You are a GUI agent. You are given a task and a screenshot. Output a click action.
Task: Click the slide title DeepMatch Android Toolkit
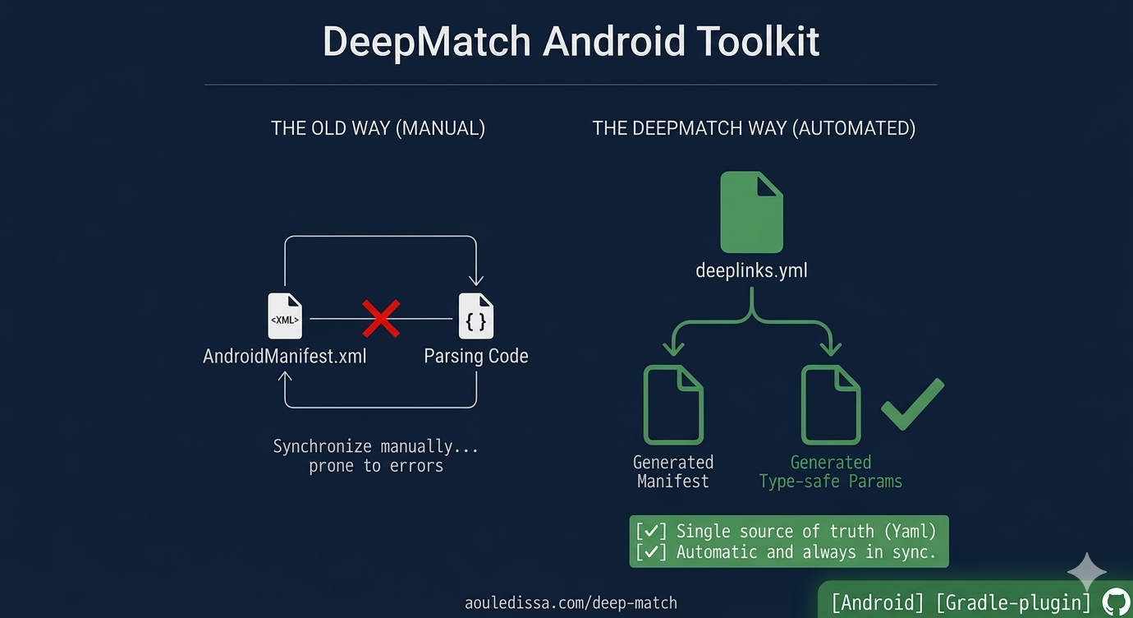571,41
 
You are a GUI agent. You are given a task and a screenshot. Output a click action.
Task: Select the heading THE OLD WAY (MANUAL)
378,128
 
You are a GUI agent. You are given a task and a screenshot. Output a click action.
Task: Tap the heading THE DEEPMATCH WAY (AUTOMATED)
754,128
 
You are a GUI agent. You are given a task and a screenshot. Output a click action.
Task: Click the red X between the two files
381,318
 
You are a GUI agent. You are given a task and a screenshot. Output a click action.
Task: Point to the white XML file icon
285,316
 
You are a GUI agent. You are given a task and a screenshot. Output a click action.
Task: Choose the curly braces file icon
475,316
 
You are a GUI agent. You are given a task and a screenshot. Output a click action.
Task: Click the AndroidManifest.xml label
285,356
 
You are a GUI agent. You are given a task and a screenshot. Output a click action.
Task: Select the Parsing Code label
476,356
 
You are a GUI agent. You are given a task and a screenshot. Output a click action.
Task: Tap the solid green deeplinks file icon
751,212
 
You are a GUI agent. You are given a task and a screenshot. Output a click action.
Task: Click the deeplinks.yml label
751,270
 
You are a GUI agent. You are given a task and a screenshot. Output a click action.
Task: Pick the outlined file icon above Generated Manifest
673,405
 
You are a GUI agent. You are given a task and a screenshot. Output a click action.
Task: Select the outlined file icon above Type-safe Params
831,405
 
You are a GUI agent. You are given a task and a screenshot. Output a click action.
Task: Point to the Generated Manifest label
673,472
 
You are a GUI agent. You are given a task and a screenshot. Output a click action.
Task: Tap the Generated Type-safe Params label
831,472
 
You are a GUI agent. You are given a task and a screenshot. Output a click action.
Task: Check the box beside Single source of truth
651,531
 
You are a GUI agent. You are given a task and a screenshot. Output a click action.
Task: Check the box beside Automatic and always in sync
651,552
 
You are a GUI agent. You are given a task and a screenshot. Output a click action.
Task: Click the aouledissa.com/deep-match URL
571,602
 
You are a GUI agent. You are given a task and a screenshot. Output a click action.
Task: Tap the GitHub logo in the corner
1115,602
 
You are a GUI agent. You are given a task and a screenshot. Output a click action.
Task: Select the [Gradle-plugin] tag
1013,602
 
